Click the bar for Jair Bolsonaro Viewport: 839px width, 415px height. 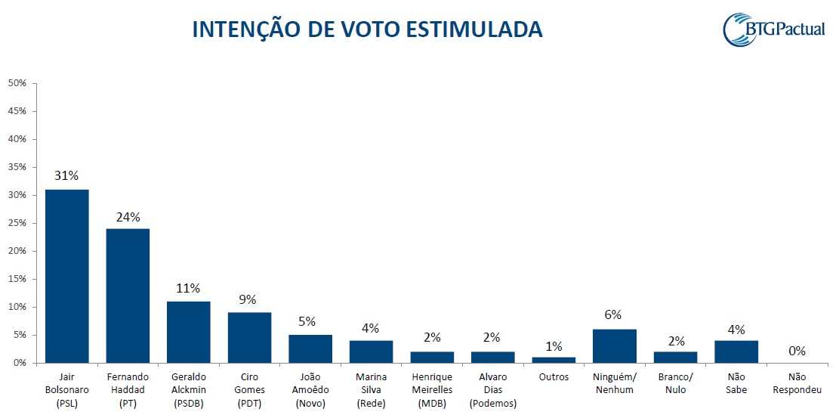click(67, 276)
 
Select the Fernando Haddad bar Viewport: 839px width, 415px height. click(128, 296)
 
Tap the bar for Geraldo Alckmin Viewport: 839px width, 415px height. click(189, 332)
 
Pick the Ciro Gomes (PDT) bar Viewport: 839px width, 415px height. click(249, 337)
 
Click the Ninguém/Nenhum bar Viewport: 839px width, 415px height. click(615, 346)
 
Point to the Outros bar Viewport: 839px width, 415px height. click(554, 360)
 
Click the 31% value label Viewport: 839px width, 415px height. click(67, 176)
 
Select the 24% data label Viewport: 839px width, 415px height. click(128, 217)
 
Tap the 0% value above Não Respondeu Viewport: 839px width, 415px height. click(797, 351)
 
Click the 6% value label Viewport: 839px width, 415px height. click(615, 315)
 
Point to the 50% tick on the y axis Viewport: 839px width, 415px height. click(17, 83)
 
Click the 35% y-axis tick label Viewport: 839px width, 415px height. click(17, 167)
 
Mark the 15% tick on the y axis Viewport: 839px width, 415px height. click(17, 279)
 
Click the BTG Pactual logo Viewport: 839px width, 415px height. click(773, 29)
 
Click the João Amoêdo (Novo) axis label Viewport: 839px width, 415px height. click(310, 389)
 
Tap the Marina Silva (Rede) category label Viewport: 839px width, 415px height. click(371, 389)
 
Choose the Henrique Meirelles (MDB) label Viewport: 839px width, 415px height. click(432, 389)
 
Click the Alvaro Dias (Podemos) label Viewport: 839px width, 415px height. click(492, 389)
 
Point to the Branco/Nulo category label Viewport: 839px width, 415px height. click(675, 383)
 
